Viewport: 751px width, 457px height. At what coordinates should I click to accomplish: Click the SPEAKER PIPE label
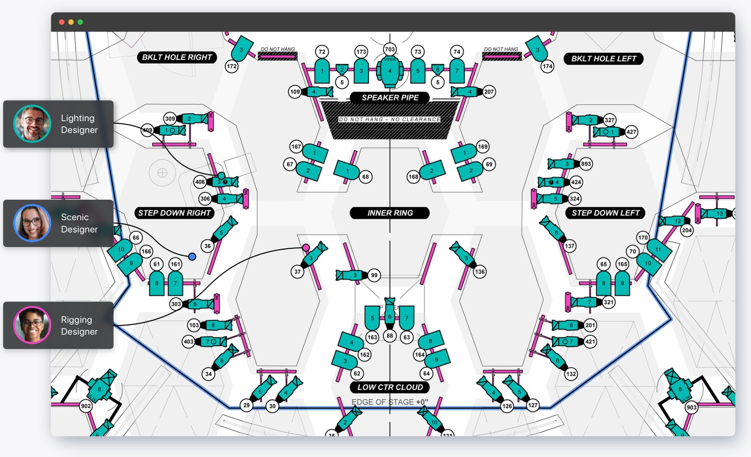coord(390,97)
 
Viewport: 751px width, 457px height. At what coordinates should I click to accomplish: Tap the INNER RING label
coord(390,213)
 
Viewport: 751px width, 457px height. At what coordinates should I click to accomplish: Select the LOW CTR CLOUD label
coord(390,387)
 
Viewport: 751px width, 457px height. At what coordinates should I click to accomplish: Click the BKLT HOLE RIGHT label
coord(177,57)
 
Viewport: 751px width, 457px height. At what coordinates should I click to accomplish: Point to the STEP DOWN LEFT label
coord(605,213)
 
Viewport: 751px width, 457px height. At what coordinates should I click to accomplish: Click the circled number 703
coord(390,49)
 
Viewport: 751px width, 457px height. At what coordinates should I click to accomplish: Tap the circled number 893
coord(586,164)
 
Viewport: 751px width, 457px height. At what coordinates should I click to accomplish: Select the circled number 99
coord(374,275)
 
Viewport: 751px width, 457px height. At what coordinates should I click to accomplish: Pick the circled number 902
coord(86,406)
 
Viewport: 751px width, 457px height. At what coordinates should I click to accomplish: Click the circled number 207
coord(489,92)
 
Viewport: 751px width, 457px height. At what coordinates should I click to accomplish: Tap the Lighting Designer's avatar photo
coord(32,124)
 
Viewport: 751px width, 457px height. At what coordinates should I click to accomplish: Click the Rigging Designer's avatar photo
coord(32,325)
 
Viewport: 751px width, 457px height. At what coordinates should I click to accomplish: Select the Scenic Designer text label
coord(79,223)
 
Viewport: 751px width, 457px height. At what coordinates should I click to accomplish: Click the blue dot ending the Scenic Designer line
coord(192,257)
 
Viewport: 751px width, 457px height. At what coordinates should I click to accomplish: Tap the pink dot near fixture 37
coord(306,247)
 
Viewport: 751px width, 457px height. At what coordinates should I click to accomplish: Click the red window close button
coord(62,22)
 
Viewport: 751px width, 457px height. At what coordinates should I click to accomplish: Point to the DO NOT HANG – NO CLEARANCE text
coord(389,119)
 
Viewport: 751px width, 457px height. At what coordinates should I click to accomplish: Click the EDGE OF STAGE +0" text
coord(389,402)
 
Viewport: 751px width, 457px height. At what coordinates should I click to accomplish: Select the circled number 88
coord(390,336)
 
